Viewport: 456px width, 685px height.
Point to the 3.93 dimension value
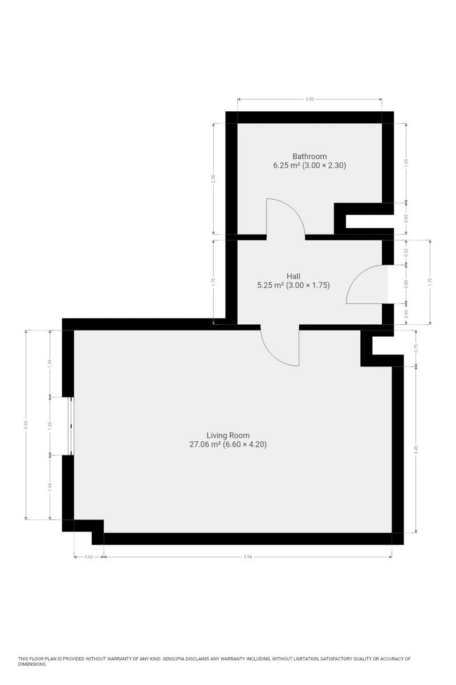pos(26,425)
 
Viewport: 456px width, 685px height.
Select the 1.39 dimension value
pos(50,363)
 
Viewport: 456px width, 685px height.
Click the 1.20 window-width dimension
pos(50,426)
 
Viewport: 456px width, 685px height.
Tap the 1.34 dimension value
pos(50,487)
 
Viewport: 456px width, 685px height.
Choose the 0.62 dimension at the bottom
pos(88,557)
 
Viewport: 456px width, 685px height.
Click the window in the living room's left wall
pos(70,426)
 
